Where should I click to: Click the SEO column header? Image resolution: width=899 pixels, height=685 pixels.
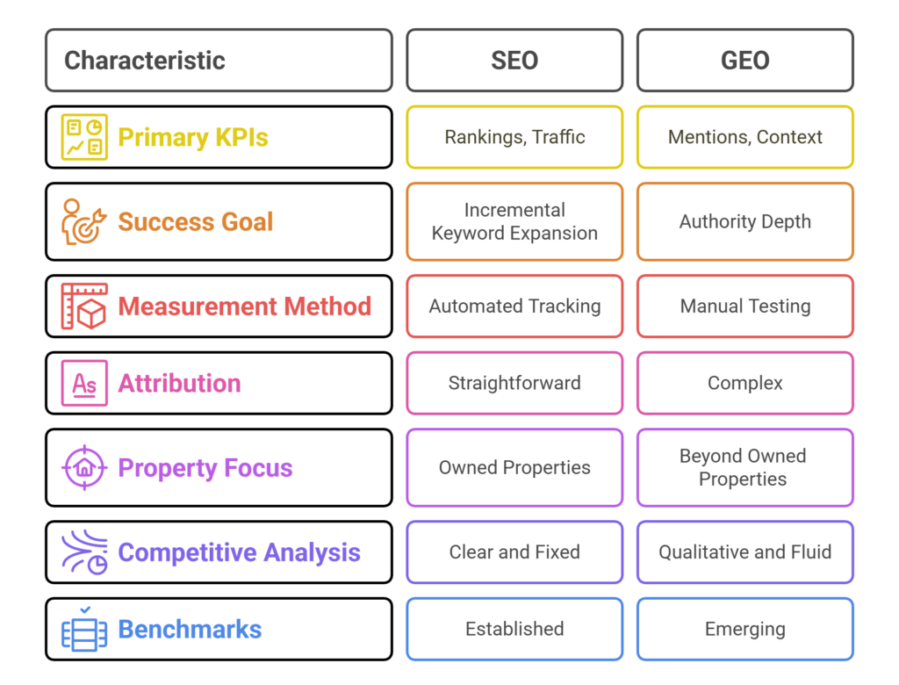pos(514,61)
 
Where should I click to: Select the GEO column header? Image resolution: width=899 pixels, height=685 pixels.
pos(744,61)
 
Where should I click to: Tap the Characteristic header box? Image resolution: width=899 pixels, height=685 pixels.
pos(219,61)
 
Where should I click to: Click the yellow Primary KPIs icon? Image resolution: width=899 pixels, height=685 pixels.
pos(84,137)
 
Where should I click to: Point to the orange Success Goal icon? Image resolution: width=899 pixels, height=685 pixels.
pos(83,221)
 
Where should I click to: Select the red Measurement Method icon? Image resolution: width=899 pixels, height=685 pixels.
pos(84,306)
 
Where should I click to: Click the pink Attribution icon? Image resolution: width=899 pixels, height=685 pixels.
pos(84,383)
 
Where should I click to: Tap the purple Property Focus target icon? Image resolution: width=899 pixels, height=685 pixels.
pos(84,467)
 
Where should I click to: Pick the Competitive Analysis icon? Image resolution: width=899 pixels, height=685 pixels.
pos(84,552)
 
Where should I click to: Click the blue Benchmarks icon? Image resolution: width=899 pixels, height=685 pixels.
pos(84,630)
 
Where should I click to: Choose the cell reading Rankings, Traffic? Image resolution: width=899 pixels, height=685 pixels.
pos(514,137)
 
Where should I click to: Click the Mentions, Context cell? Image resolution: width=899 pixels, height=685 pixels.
pos(744,137)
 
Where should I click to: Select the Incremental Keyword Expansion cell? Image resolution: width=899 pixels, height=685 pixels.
pos(514,221)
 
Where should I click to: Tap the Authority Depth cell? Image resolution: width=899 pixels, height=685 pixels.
pos(744,221)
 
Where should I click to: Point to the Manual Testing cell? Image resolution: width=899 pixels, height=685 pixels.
pos(744,306)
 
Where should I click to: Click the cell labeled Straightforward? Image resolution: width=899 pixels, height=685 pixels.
pos(514,383)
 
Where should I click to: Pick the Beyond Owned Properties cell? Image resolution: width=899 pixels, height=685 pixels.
pos(744,467)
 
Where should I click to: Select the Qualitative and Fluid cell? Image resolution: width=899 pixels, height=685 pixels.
pos(744,552)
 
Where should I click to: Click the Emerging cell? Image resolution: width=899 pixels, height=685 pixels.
pos(744,630)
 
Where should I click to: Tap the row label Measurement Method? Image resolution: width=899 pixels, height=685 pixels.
pos(244,306)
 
